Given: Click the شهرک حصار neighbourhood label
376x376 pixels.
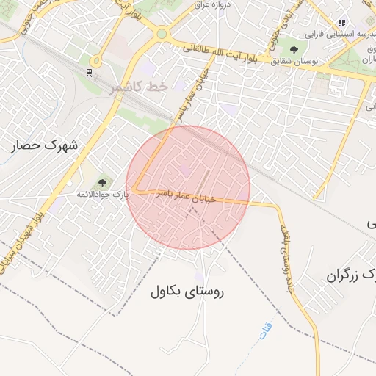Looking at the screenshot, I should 45,145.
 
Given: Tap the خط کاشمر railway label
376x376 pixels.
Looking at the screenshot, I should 139,87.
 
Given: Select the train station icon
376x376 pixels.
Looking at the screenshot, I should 89,72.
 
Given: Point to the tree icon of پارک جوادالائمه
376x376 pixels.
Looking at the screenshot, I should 102,183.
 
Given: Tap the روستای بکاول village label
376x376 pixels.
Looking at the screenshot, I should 187,291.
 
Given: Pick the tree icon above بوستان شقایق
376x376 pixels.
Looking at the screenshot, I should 294,50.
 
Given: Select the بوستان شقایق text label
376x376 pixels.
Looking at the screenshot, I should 294,61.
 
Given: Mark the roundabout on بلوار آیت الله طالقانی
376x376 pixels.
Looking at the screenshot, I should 162,34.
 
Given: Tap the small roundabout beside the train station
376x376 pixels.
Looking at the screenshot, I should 95,62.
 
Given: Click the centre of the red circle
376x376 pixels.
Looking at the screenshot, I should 188,187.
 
